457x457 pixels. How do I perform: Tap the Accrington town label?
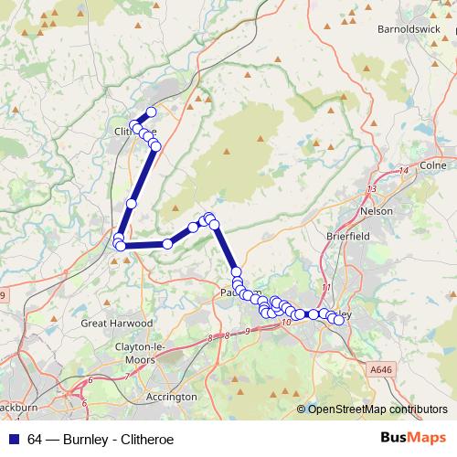(172, 397)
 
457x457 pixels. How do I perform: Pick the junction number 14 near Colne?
(403, 171)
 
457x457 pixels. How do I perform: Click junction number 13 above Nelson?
(370, 188)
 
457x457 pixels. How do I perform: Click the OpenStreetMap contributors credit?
(377, 409)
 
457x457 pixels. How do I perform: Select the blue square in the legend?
(13, 438)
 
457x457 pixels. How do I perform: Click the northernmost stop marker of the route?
(151, 112)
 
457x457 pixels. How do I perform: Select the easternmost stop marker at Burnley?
(339, 319)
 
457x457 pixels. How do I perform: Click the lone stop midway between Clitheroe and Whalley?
(132, 204)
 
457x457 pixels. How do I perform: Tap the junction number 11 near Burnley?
(326, 288)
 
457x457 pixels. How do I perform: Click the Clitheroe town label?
(125, 132)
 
